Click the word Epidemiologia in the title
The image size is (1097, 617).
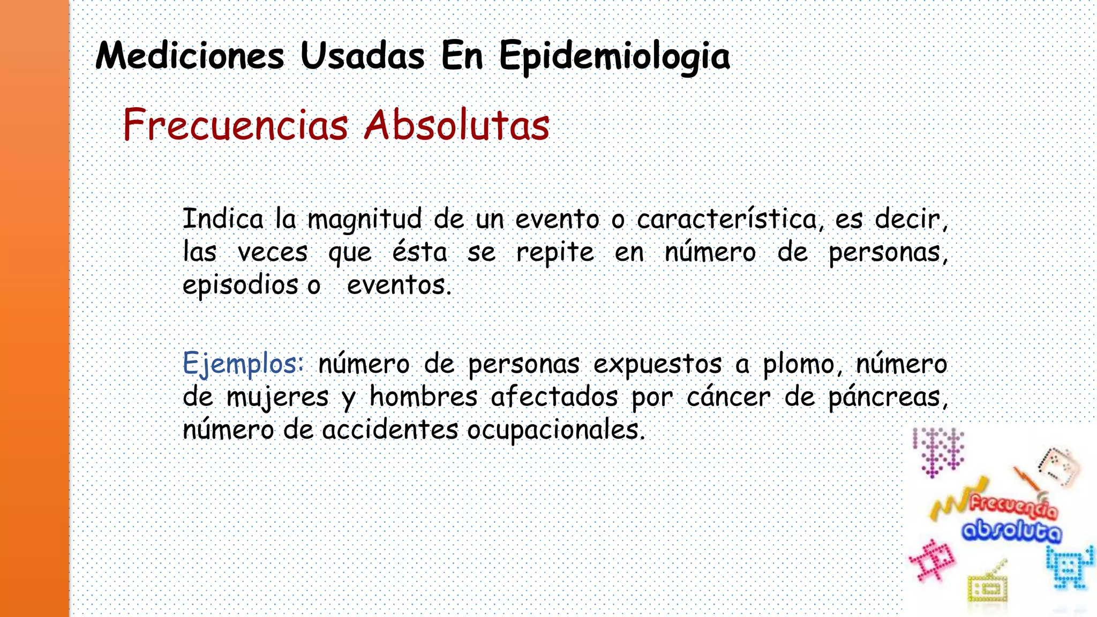[x=614, y=57]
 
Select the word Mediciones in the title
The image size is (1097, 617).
[x=190, y=56]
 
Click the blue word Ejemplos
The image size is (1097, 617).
[x=243, y=364]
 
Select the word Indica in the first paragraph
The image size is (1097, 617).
[x=223, y=219]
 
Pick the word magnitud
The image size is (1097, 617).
[x=364, y=220]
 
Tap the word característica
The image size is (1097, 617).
[x=727, y=219]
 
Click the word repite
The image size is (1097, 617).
[x=555, y=253]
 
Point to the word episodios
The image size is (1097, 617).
[x=240, y=285]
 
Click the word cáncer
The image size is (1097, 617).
[x=728, y=397]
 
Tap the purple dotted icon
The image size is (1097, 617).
[x=939, y=451]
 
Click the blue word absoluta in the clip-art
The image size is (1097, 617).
[x=1011, y=531]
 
